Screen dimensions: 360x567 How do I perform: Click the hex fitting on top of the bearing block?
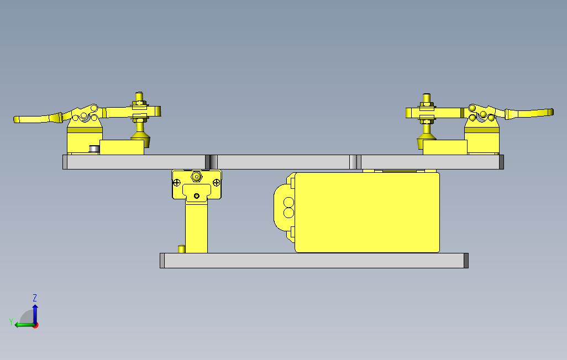coord(196,177)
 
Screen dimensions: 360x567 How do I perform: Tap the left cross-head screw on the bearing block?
coord(177,182)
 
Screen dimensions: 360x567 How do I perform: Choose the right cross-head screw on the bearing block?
coord(217,182)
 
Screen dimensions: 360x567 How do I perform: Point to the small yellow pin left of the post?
coord(180,249)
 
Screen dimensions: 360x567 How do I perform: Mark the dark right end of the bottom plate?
coord(466,261)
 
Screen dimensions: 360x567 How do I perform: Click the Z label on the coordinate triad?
coord(35,298)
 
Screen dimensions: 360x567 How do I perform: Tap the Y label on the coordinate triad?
coord(11,321)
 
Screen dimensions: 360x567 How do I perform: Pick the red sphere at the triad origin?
coord(35,325)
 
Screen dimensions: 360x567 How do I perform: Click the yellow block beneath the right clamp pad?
coord(445,147)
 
